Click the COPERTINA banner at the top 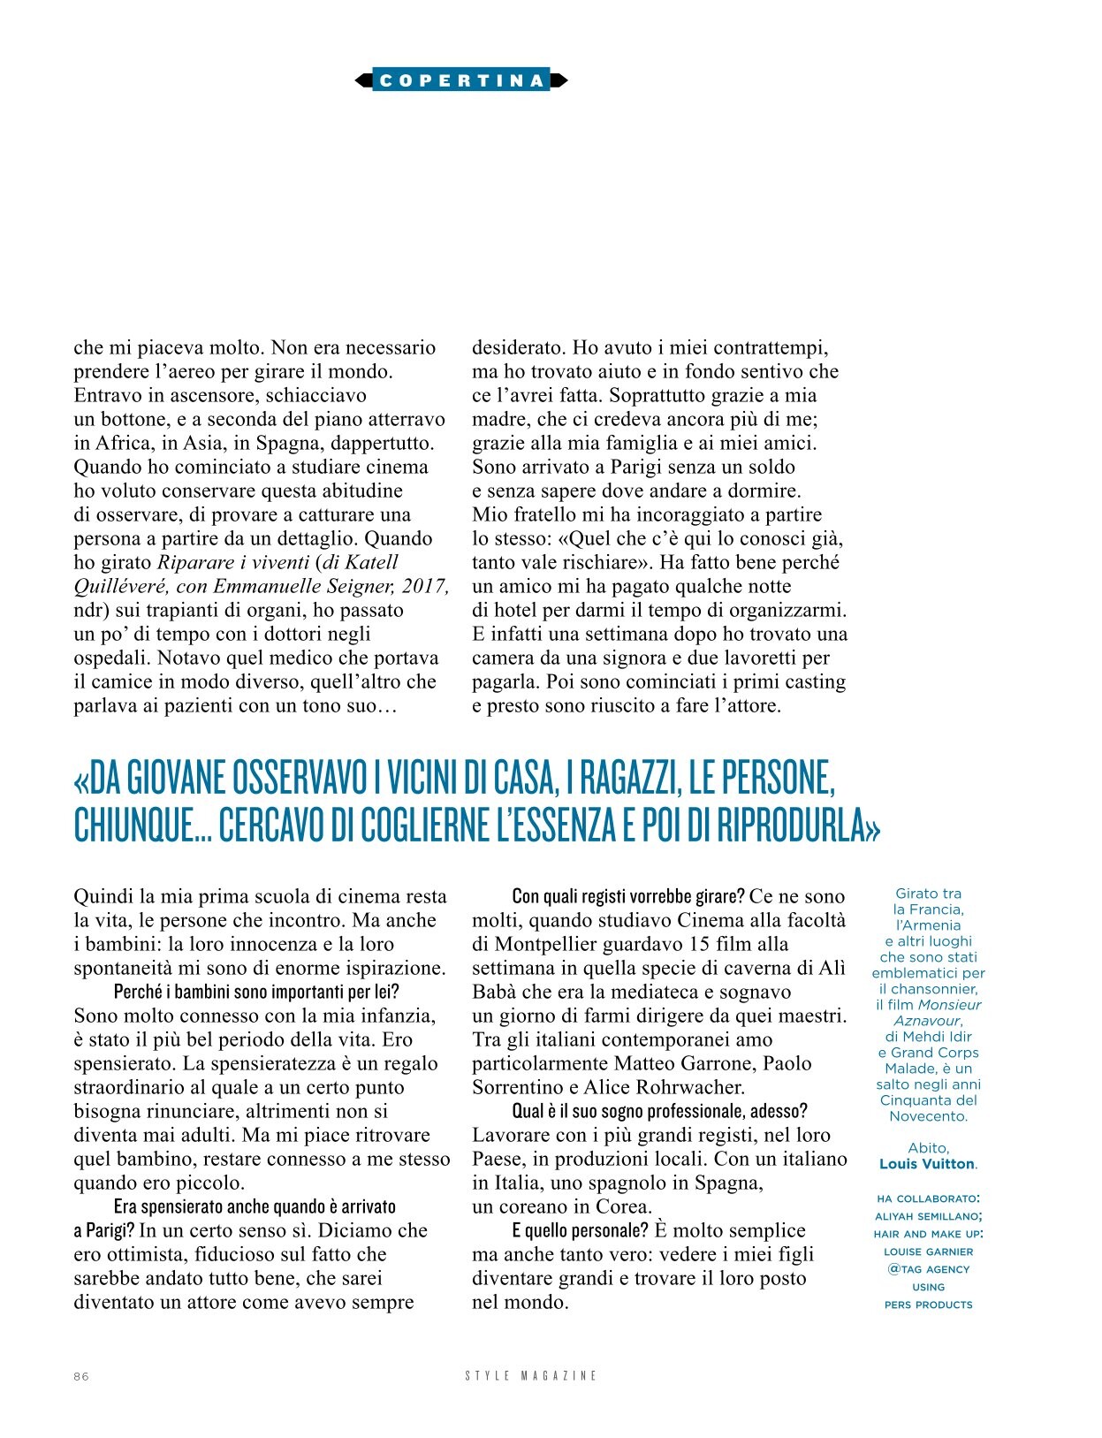[x=461, y=80]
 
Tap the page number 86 [x=81, y=1376]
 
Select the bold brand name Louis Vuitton [x=927, y=1164]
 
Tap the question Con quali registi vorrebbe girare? [x=628, y=897]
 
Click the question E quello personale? [x=580, y=1231]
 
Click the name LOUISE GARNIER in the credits [x=928, y=1252]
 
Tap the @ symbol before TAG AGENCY [x=893, y=1269]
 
